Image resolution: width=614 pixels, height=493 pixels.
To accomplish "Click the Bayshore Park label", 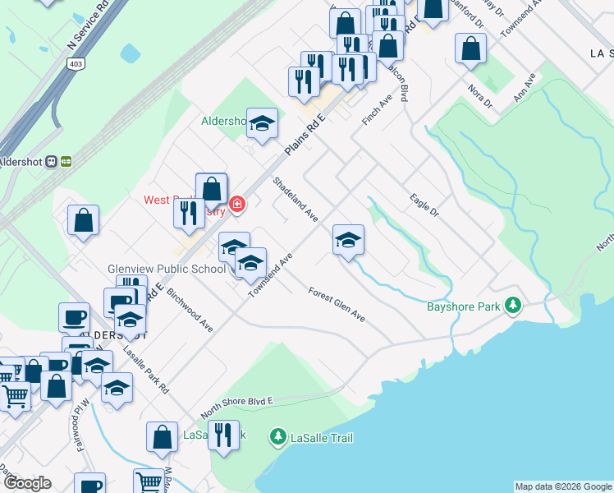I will [x=464, y=307].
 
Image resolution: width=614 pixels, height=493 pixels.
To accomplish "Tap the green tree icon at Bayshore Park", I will [x=514, y=306].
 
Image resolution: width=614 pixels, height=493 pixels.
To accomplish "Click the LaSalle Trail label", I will [x=321, y=438].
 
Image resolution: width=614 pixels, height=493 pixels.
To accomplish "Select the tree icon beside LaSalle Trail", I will [x=279, y=436].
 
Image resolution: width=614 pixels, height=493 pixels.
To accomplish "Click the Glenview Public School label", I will [x=166, y=269].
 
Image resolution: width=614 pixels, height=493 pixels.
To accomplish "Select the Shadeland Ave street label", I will [x=296, y=200].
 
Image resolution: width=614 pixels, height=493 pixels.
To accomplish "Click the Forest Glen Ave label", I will [x=337, y=303].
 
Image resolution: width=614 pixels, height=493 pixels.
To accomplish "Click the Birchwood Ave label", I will [x=190, y=311].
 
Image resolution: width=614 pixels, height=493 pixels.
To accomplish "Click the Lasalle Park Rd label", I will [x=145, y=371].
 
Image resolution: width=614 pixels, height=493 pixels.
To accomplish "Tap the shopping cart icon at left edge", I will [x=14, y=396].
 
